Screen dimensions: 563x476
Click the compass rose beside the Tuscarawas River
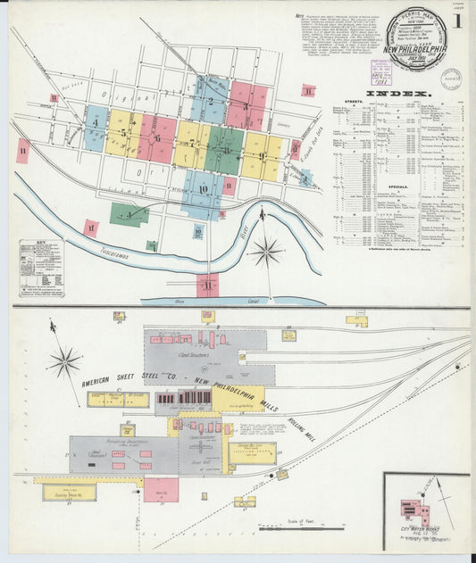[265, 252]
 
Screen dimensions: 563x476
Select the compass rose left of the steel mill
[64, 361]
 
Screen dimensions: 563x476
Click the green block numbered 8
[225, 150]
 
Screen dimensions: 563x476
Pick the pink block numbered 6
[157, 139]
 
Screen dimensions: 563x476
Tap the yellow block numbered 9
[261, 157]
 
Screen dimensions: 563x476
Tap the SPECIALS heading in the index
[398, 186]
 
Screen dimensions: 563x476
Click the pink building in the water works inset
[416, 515]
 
